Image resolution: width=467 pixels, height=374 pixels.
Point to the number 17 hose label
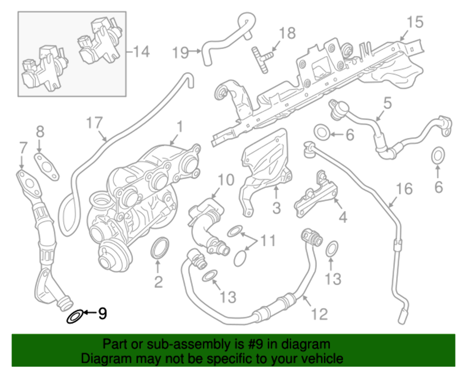pos(95,124)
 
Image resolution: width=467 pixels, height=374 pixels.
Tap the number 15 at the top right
pos(415,22)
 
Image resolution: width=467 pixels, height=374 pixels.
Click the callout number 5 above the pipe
pos(387,103)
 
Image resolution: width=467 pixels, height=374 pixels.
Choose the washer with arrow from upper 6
pos(321,132)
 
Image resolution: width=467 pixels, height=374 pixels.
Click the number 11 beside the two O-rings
pos(268,241)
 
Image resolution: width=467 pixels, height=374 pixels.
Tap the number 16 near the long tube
pos(405,189)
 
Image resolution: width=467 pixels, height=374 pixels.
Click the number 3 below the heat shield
pos(276,207)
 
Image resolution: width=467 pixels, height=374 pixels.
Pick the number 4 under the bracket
pos(342,217)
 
